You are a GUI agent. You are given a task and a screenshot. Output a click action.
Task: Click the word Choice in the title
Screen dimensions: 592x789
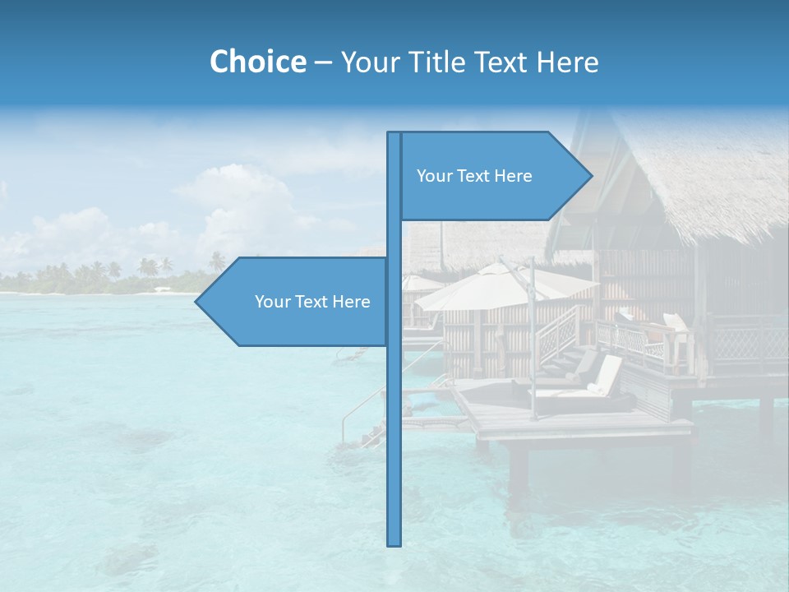pos(257,62)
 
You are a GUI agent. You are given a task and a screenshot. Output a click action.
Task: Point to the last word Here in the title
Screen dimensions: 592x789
pos(567,62)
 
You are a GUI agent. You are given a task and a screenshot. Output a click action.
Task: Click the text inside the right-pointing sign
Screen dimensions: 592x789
pos(474,176)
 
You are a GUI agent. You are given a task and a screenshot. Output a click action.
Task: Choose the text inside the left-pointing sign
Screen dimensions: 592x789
pos(312,302)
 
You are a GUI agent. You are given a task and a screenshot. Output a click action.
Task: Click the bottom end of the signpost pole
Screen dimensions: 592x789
pos(394,543)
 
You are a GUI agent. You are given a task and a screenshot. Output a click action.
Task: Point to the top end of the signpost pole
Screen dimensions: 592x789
pos(394,134)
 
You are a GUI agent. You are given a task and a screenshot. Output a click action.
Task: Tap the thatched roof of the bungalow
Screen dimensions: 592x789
pos(699,181)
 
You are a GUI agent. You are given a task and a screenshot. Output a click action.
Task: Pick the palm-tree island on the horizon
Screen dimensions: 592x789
pos(107,278)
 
